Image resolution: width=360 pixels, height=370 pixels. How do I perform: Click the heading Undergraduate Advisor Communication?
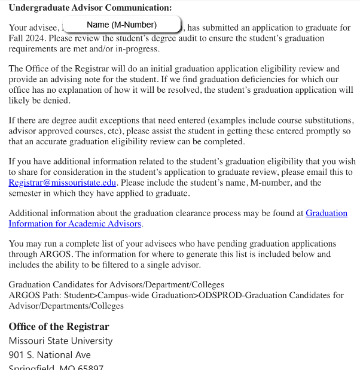tap(90, 8)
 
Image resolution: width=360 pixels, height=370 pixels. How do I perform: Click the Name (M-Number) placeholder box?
tap(121, 25)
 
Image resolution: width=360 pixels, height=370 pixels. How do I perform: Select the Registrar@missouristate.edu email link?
tap(63, 183)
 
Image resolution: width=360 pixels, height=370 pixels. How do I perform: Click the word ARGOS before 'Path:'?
tap(25, 295)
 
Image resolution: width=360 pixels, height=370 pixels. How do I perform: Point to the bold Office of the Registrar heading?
tap(59, 327)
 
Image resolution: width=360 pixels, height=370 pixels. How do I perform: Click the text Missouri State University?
tap(60, 341)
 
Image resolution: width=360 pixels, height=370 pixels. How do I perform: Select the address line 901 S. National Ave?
tap(50, 355)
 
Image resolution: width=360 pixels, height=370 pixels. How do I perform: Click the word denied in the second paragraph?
tap(57, 101)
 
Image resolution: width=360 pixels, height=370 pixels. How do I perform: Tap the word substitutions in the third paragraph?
tap(328, 120)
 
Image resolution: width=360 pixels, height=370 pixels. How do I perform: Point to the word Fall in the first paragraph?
tap(17, 38)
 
